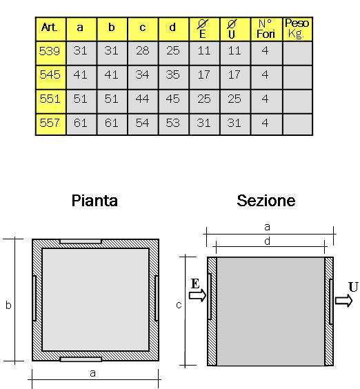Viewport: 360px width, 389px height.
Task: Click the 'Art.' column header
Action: click(x=50, y=27)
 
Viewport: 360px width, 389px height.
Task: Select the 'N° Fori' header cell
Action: click(x=266, y=29)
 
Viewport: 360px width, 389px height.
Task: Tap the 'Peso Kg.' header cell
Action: click(x=297, y=28)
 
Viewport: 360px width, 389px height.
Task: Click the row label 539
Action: click(x=50, y=51)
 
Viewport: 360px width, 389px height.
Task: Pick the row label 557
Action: click(x=50, y=123)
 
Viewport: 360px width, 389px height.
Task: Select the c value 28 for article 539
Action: click(x=143, y=51)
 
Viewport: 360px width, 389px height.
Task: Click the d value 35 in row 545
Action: click(x=173, y=74)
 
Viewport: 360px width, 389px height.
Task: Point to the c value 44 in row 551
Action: click(x=142, y=99)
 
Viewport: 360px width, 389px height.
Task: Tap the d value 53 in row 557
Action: click(x=173, y=123)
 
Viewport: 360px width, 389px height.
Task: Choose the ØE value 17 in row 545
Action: click(x=204, y=74)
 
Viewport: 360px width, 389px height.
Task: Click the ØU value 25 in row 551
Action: click(x=234, y=99)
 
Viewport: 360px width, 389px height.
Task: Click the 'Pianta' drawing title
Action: click(x=94, y=201)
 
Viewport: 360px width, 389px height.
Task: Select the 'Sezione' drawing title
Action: click(x=266, y=201)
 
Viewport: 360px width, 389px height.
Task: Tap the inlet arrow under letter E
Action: click(x=197, y=295)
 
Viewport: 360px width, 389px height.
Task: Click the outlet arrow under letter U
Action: click(x=343, y=301)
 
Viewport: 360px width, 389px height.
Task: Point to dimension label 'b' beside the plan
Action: click(x=8, y=306)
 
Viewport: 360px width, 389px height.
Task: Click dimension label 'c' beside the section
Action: click(x=179, y=305)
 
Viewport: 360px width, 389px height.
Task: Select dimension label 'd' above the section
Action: click(x=267, y=241)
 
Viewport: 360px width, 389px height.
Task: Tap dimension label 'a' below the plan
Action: click(x=92, y=373)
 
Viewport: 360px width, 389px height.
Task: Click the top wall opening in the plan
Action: click(x=81, y=241)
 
